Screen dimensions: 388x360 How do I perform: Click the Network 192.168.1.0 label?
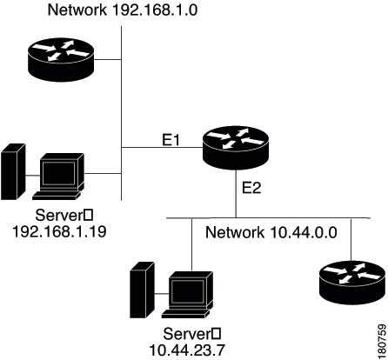pos(123,10)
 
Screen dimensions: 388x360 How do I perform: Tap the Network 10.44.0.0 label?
pos(271,232)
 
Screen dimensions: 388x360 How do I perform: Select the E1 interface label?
pos(171,140)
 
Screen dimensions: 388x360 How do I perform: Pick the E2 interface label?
pos(251,188)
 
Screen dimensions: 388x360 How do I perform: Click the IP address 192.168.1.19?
pos(59,231)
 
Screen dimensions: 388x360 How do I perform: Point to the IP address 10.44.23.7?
pos(187,350)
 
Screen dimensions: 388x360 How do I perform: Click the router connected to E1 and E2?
pos(236,148)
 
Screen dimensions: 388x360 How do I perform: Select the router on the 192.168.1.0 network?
pos(61,60)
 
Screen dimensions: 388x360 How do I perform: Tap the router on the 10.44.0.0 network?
pos(352,283)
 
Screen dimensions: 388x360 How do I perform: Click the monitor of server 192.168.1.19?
pos(62,171)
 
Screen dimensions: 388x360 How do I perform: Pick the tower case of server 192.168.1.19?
pos(13,171)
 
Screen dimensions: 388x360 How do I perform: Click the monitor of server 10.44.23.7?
pos(191,290)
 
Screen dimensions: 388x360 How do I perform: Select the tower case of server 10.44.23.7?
pos(142,290)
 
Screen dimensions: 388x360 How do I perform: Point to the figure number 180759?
pos(382,342)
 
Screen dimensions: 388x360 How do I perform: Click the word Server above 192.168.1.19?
pos(59,216)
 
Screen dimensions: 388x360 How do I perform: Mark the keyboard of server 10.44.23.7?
pos(185,314)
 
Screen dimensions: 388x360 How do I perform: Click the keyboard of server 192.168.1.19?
pos(57,196)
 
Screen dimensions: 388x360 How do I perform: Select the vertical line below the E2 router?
pos(236,194)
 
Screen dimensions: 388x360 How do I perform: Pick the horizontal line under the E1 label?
pos(162,148)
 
